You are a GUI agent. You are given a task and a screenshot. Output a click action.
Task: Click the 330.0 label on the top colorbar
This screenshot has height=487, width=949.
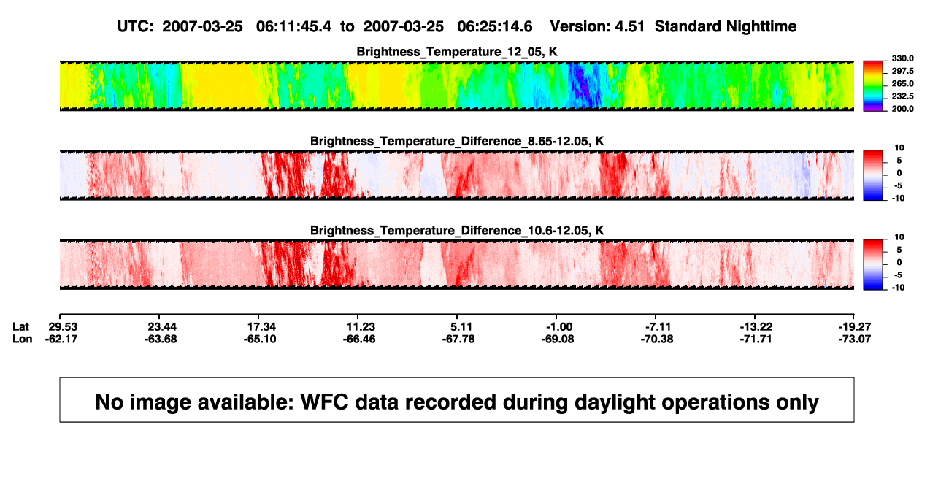[x=902, y=58]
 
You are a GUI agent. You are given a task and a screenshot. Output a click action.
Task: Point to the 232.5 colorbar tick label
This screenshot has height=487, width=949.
[x=902, y=96]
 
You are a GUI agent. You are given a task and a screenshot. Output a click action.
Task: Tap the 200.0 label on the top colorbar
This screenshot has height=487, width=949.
[x=902, y=109]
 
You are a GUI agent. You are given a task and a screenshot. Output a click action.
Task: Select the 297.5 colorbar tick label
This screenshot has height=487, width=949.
[x=902, y=72]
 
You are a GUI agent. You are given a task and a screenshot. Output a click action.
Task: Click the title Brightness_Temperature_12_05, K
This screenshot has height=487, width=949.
[x=457, y=52]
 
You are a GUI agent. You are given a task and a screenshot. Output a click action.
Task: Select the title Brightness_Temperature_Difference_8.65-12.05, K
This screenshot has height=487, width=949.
[x=457, y=142]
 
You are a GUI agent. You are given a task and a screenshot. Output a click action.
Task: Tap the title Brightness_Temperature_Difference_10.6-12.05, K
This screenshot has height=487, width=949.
[x=457, y=231]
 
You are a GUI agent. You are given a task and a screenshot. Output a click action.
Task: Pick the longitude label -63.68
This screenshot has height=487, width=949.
[x=160, y=340]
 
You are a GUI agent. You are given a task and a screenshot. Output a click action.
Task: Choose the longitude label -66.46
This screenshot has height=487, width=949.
[x=359, y=340]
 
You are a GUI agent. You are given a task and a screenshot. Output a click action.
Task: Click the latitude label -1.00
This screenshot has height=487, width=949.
[x=559, y=327]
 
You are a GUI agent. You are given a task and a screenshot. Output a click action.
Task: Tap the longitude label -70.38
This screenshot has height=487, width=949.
[x=657, y=340]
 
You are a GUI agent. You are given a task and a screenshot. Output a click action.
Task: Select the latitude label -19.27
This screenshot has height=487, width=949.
[x=855, y=327]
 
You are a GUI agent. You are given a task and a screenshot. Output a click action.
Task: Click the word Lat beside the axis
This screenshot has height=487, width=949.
[x=20, y=327]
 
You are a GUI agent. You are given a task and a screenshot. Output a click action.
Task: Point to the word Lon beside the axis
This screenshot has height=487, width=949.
[x=22, y=340]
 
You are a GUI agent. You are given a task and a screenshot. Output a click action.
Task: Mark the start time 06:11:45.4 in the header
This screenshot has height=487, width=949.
[x=293, y=27]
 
